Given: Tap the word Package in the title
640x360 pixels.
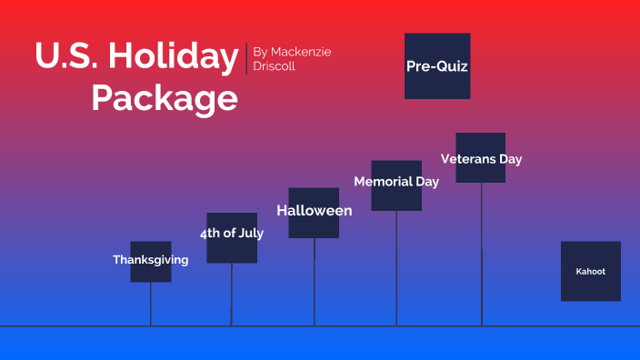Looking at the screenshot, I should (x=164, y=98).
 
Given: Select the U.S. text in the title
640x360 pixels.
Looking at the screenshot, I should (x=65, y=56).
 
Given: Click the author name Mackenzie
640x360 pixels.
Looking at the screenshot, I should (x=301, y=52).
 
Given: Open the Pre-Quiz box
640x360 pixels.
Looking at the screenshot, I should (x=437, y=65).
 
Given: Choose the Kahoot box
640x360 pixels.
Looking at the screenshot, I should (x=590, y=271).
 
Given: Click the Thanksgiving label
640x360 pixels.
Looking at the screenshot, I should (x=150, y=260).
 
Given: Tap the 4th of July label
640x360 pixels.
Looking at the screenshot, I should (x=232, y=234).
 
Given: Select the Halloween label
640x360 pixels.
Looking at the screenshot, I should (x=314, y=211).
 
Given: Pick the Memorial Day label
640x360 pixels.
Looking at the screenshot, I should (x=396, y=182).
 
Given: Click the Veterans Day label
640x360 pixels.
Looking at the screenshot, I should (x=481, y=159).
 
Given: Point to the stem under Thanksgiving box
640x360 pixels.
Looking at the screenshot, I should (x=151, y=304).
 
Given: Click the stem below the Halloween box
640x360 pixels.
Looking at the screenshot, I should (x=315, y=282).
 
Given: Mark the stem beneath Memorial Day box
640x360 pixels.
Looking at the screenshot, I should (x=396, y=268).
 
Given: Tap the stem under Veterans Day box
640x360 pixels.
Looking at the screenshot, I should (x=482, y=255).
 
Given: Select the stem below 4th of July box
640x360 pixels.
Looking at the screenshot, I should (x=232, y=294).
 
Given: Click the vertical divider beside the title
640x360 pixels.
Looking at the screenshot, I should (x=246, y=58).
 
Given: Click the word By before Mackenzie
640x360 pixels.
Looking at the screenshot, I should (x=261, y=52).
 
